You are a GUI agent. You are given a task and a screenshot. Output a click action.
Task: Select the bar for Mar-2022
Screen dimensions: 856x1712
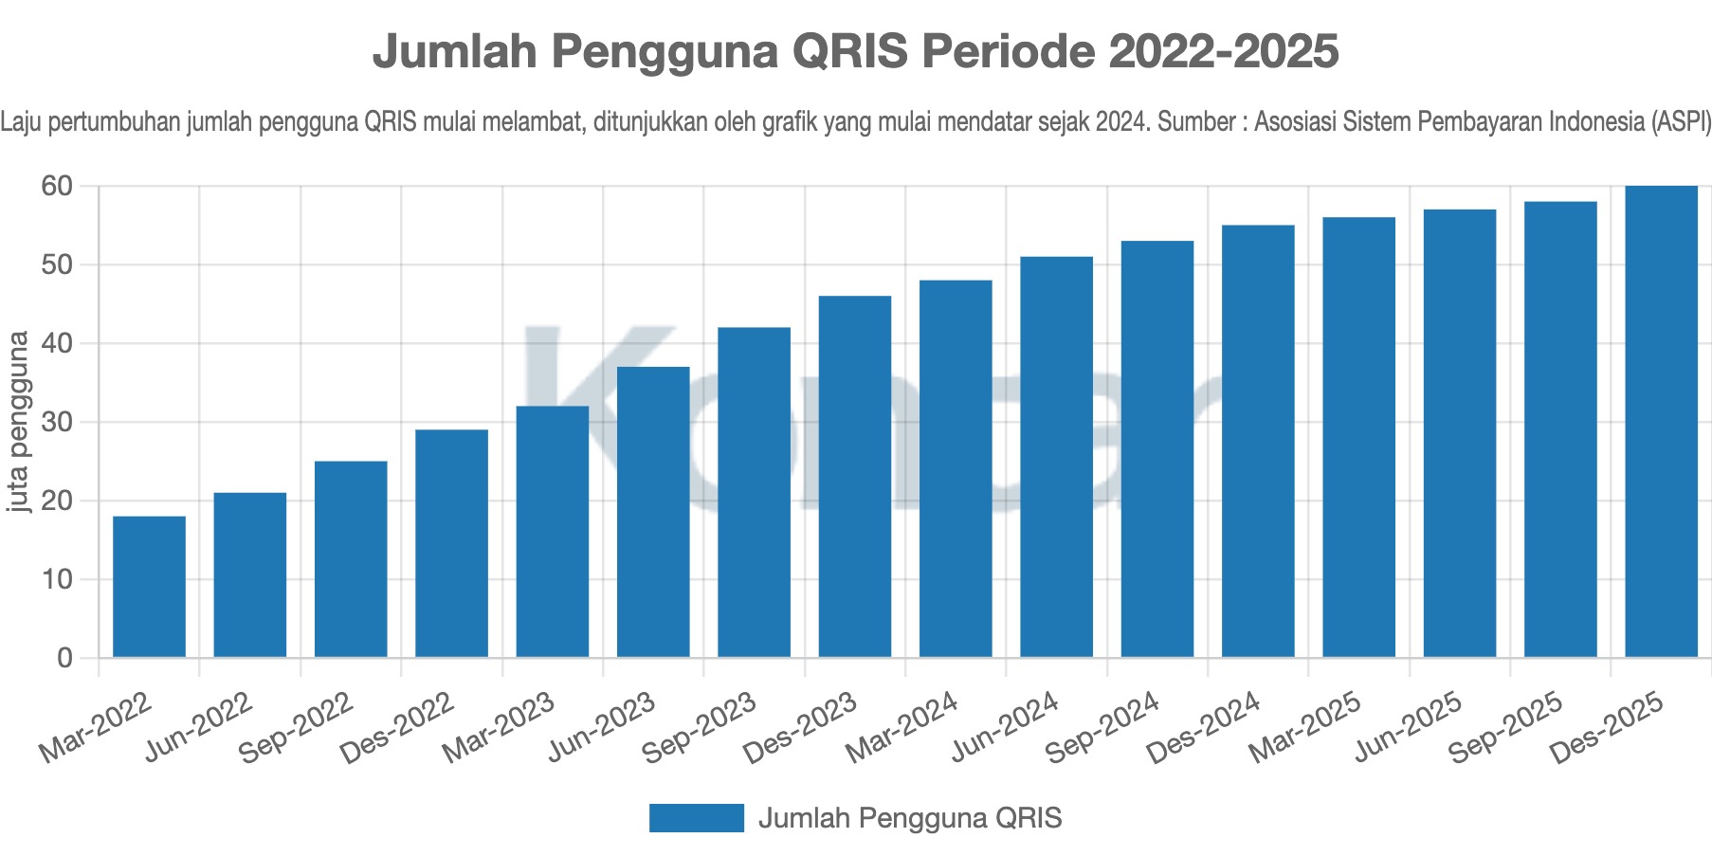click(149, 587)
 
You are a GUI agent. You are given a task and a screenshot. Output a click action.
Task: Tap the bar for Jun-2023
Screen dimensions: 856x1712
click(653, 512)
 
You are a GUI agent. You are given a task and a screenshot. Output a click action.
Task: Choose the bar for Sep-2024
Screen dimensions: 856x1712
click(1157, 449)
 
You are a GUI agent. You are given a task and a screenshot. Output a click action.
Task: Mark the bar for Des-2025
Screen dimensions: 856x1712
click(1661, 422)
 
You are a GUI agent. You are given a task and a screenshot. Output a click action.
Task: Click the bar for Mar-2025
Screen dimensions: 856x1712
click(1358, 437)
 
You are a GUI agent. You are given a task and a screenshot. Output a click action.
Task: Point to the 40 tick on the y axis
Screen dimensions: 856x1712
click(58, 343)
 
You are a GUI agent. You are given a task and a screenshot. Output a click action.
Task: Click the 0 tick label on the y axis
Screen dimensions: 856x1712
click(64, 658)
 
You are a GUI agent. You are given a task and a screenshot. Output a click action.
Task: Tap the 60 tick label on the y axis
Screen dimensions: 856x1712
click(58, 186)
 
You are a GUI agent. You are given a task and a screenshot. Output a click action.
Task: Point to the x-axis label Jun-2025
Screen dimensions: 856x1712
click(1407, 727)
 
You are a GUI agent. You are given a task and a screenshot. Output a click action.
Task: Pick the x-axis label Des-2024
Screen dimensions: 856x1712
click(1205, 727)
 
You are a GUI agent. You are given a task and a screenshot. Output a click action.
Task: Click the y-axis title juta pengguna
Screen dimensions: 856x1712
click(18, 422)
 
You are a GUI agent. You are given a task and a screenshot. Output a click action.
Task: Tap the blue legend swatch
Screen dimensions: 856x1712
click(696, 818)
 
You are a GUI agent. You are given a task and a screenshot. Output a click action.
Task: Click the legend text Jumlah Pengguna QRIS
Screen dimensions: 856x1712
click(910, 818)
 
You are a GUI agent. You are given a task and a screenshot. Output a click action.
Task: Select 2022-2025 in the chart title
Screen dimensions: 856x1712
click(1224, 51)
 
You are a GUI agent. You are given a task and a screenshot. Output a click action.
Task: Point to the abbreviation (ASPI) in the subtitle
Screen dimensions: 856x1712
click(1680, 122)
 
